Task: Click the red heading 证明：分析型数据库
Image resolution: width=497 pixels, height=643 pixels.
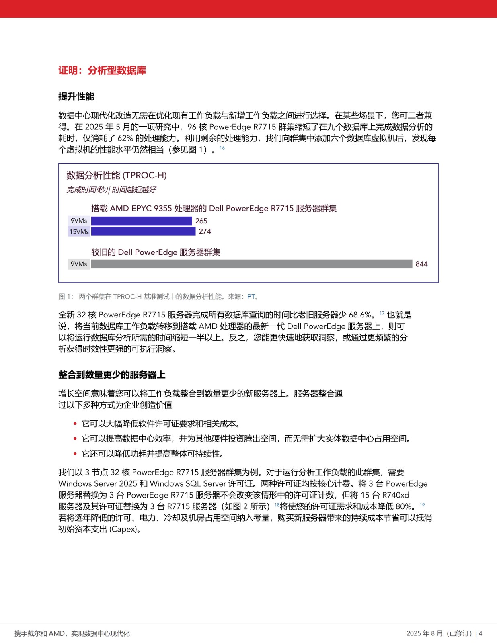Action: click(x=102, y=70)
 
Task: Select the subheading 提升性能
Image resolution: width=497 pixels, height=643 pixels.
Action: click(x=76, y=96)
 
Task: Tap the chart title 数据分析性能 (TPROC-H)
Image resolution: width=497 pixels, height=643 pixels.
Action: click(x=116, y=175)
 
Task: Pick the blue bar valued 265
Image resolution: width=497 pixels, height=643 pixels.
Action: click(x=142, y=221)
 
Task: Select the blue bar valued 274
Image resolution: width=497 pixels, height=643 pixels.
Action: click(x=143, y=231)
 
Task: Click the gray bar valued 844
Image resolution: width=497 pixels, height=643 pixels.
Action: click(x=251, y=264)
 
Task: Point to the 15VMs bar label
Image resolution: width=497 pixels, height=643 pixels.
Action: click(x=79, y=232)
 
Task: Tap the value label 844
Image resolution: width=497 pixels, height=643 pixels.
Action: click(x=421, y=264)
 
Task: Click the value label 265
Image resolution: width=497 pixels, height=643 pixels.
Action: click(x=201, y=221)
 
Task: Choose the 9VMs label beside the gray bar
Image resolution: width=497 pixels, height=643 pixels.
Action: click(x=79, y=264)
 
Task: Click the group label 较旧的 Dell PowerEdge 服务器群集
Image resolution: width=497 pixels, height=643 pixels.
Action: click(x=156, y=252)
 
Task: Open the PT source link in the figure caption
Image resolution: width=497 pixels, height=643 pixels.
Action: click(x=251, y=297)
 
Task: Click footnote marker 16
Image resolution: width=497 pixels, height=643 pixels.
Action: click(x=222, y=148)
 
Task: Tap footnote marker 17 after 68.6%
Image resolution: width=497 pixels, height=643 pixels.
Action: click(x=382, y=313)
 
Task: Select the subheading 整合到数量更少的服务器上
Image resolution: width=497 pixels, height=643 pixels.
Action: click(x=112, y=375)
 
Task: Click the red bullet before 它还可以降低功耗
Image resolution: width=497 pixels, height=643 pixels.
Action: click(x=75, y=454)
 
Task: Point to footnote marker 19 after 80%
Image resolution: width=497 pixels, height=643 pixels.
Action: click(x=422, y=505)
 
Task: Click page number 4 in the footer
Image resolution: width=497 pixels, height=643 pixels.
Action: click(x=481, y=633)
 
